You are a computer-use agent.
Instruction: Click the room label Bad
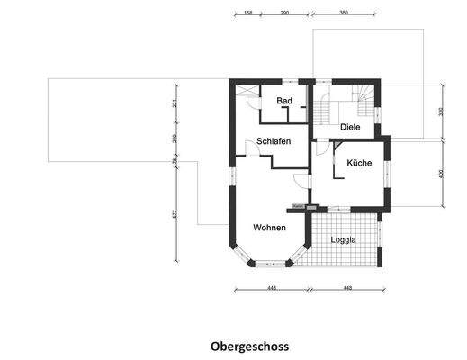point(284,101)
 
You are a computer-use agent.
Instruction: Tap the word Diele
point(351,128)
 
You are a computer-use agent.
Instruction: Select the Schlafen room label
point(273,141)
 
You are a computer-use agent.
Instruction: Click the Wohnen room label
point(269,227)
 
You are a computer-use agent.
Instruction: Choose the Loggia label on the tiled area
point(343,240)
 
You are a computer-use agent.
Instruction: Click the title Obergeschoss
point(250,345)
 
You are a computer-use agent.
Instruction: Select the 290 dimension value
point(284,14)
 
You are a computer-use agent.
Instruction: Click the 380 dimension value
point(344,14)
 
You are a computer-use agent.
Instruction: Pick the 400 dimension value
point(441,173)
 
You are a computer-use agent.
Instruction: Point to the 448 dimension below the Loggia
point(347,288)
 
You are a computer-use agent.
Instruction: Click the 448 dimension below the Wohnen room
point(271,288)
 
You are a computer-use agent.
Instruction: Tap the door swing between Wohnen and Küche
point(299,180)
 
